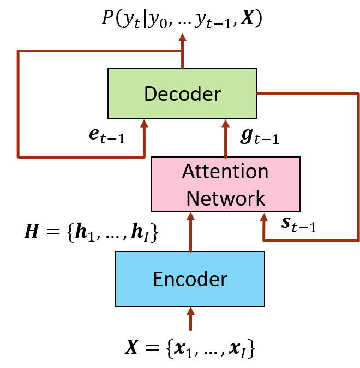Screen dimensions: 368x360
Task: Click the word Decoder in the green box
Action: [182, 94]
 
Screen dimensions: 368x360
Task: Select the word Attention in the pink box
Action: [225, 172]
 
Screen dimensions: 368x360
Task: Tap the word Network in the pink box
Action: [225, 198]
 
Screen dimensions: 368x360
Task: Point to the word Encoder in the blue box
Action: [190, 279]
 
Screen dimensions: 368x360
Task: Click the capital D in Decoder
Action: [150, 94]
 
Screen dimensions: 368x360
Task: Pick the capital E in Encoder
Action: [158, 279]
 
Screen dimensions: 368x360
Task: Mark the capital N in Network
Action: [193, 198]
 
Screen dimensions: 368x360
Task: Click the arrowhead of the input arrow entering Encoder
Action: [190, 311]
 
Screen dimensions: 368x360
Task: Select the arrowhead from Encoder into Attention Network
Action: [190, 216]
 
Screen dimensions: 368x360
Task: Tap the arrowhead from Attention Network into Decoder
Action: [225, 123]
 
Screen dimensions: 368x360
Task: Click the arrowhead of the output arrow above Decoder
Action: [182, 37]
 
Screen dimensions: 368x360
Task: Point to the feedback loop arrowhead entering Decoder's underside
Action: [144, 123]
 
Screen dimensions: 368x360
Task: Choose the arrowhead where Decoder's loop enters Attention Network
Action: [264, 216]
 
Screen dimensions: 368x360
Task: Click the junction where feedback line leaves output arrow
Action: [182, 51]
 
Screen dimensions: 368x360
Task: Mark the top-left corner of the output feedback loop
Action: [18, 51]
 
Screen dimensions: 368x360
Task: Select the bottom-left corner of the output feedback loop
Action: [18, 157]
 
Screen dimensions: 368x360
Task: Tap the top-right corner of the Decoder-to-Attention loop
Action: [358, 94]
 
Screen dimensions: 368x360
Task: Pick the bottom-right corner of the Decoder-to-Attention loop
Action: [358, 240]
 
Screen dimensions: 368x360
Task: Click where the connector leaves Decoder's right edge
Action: [257, 94]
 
